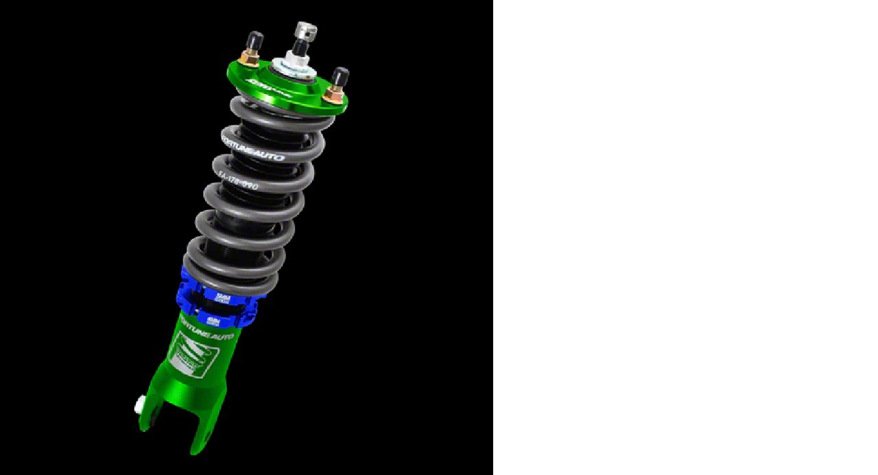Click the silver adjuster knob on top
(x=305, y=31)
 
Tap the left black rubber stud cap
(x=255, y=40)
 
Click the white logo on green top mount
(x=272, y=87)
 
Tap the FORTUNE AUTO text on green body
(x=206, y=329)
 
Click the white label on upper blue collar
(x=222, y=297)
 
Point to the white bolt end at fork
(x=139, y=406)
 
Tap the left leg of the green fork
(x=150, y=412)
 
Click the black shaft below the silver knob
(x=300, y=48)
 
